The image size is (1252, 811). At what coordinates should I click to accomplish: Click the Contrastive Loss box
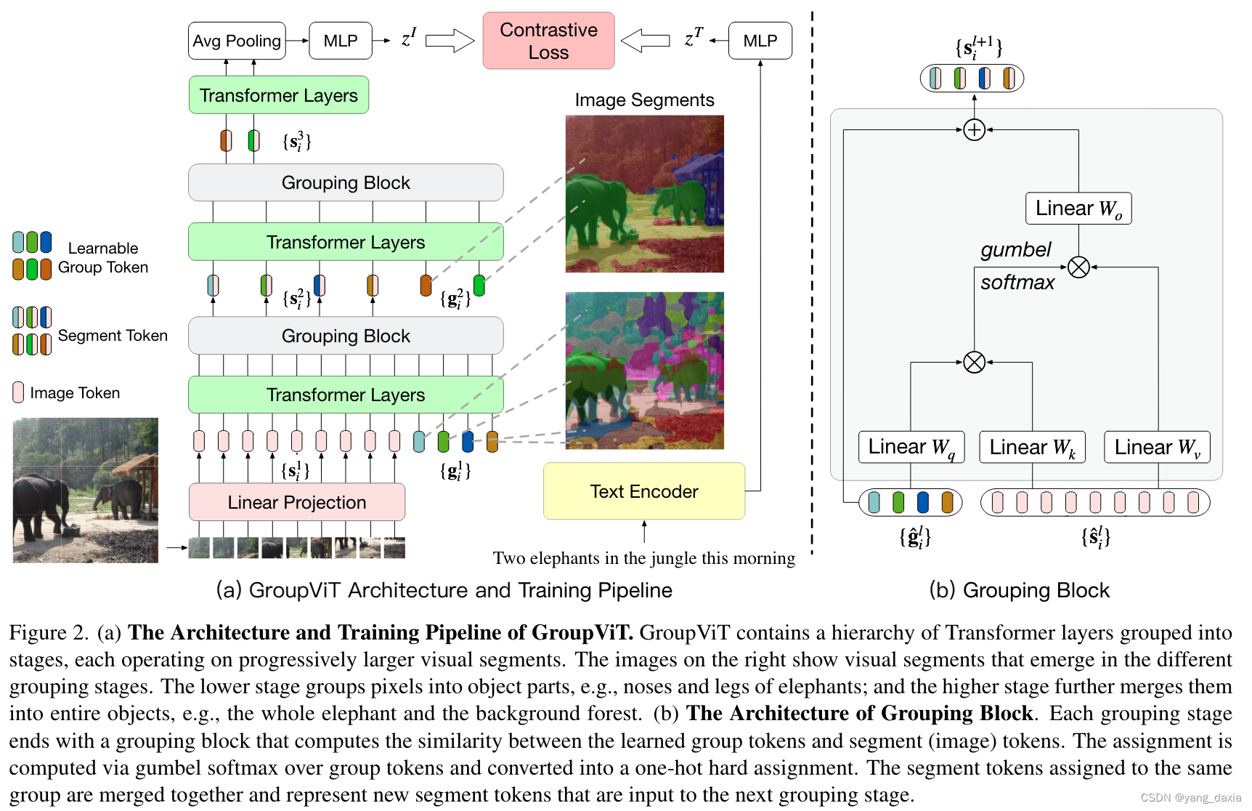tap(548, 41)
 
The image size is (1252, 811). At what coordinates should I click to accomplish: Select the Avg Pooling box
tap(237, 41)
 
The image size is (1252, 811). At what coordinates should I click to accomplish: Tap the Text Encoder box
tap(643, 491)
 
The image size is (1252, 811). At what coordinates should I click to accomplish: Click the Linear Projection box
tap(296, 502)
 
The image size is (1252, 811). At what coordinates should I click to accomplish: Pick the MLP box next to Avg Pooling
tap(340, 41)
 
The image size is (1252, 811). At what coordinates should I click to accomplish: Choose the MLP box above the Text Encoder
tap(760, 41)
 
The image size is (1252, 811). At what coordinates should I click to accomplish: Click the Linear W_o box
tap(1078, 209)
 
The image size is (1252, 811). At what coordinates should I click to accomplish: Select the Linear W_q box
tap(911, 447)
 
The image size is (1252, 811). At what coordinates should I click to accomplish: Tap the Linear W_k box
tap(1031, 447)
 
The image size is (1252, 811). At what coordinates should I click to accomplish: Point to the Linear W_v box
tap(1157, 447)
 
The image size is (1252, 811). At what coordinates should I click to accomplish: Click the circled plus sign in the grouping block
tap(974, 130)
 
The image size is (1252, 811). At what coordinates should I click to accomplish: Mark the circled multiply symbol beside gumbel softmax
tap(1078, 267)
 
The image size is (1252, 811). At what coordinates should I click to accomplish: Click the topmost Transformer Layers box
tap(278, 95)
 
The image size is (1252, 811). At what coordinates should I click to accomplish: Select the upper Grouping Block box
tap(346, 182)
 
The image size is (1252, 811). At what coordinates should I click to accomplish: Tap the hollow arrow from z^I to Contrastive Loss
tap(449, 41)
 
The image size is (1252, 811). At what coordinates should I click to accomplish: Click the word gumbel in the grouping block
tap(1015, 250)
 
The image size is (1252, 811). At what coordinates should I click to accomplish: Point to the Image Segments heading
tap(644, 100)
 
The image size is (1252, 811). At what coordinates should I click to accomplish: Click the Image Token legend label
tap(75, 393)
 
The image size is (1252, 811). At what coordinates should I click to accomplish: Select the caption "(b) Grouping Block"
tap(1019, 590)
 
